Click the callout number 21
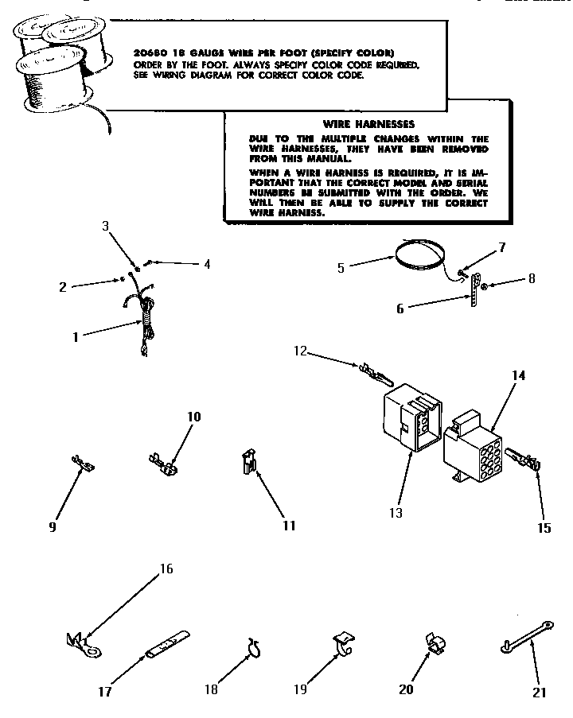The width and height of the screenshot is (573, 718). coord(540,692)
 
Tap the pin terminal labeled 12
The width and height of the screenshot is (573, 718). coord(374,371)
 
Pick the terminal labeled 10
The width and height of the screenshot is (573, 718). coord(162,464)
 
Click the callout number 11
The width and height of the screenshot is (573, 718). coord(288,525)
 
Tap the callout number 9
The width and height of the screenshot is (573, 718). coord(53,526)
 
